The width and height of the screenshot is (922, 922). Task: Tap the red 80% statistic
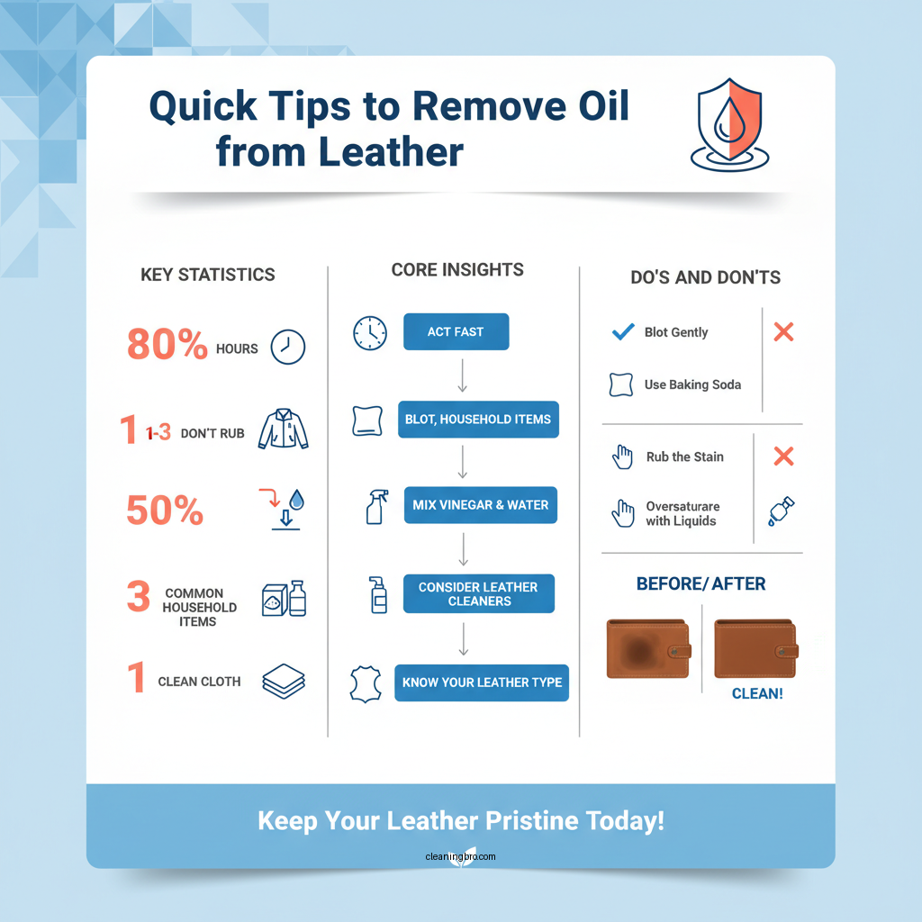coord(167,345)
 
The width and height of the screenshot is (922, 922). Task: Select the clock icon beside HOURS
coord(288,347)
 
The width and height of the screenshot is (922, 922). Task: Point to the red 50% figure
coord(165,511)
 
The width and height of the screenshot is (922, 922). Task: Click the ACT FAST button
coord(456,332)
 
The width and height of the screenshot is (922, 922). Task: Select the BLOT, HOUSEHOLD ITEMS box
coord(478,420)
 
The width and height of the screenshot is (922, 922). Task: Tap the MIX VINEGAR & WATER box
coord(480,505)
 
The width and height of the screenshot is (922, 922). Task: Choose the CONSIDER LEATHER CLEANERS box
coord(478,594)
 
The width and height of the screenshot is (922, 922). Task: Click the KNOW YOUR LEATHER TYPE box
coord(482,682)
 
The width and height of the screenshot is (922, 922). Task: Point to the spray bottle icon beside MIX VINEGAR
coord(375,507)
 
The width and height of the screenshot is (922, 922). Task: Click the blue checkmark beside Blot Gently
coord(622,332)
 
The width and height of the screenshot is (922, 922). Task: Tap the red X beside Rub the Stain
coord(783,456)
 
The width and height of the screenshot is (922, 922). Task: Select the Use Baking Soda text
coord(692,384)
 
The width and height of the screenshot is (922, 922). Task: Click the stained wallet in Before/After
coord(648,647)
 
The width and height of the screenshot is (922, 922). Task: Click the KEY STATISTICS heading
coord(208,276)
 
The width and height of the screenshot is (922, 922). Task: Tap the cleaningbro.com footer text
coord(460,856)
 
